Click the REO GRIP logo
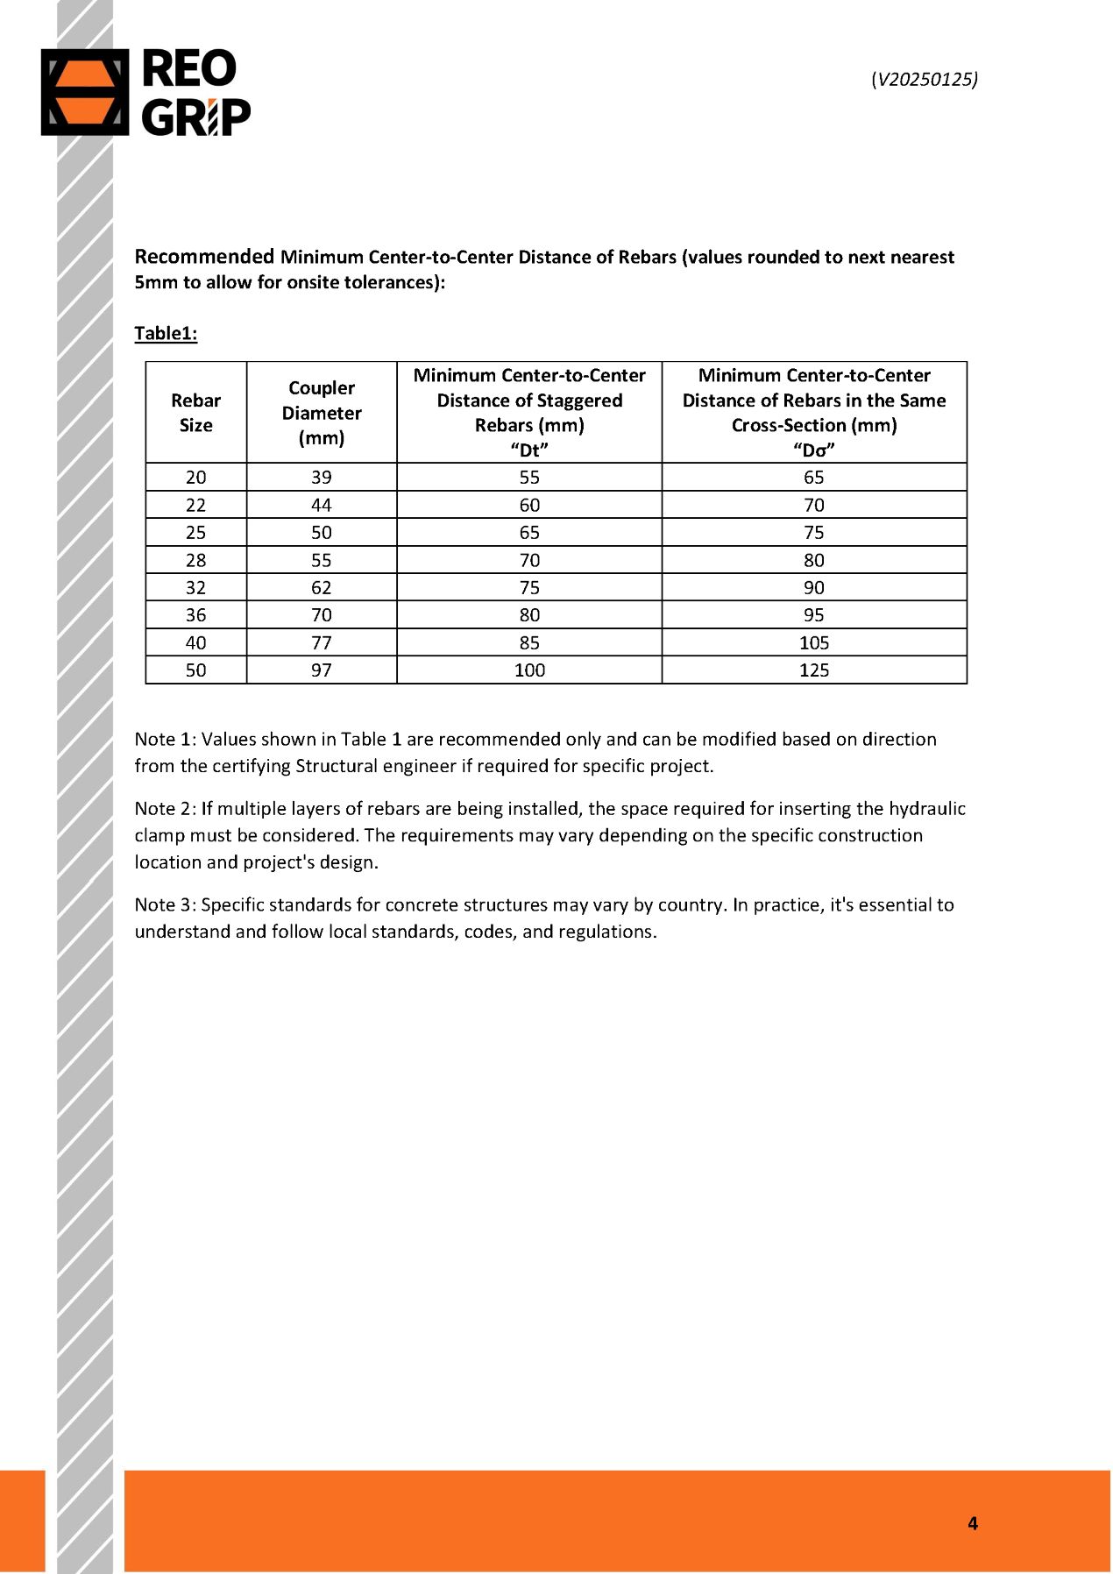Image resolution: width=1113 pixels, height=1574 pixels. [x=145, y=92]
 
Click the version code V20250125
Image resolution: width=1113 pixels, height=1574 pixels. [x=925, y=79]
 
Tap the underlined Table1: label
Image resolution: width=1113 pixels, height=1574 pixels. [x=166, y=333]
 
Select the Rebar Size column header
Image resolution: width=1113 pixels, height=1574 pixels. [x=195, y=412]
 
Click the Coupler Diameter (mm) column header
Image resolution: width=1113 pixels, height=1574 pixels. [x=322, y=412]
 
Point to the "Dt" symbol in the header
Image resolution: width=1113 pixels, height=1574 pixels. [x=529, y=450]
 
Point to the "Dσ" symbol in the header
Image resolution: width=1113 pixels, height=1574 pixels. [x=813, y=450]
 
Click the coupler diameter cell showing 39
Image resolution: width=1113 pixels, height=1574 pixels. [x=322, y=477]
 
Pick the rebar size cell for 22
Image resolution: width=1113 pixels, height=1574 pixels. [x=195, y=505]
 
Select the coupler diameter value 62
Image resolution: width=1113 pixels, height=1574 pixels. [x=322, y=587]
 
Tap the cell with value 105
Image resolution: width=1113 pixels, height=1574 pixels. [x=813, y=642]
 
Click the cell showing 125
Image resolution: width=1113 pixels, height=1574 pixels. [x=813, y=670]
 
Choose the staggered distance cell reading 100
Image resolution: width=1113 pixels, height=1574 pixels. [x=529, y=670]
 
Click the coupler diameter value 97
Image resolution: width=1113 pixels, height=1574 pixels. [x=322, y=670]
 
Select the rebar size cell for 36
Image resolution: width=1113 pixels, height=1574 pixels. [x=195, y=614]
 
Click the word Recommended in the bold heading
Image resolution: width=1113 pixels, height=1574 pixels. [x=204, y=256]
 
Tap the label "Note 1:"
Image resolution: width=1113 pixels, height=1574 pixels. [x=165, y=739]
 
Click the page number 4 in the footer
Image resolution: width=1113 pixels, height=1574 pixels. [x=972, y=1523]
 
